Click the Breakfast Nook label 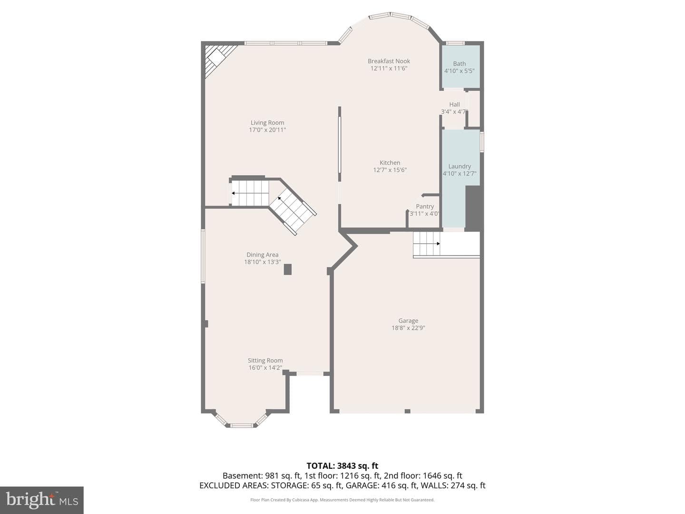pos(389,61)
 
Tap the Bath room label pos(460,64)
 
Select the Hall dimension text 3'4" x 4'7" pos(454,111)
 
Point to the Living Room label pos(267,123)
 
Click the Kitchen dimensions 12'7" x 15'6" pos(390,170)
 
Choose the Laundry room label pos(460,167)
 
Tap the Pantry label pos(425,206)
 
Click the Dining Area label pos(263,255)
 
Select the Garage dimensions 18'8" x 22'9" pos(408,328)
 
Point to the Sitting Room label pos(265,360)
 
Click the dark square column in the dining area pos(287,269)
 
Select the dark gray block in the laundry pos(473,208)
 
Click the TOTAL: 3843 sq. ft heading pos(342,466)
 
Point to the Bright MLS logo pos(42,500)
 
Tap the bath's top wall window pos(455,43)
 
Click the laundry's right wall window pos(482,142)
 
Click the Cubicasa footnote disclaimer pos(342,500)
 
